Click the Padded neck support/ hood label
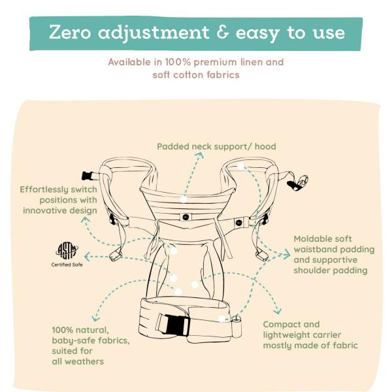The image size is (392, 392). pos(216,147)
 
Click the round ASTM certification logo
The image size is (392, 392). pos(67,251)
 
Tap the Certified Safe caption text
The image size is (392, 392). pos(67,265)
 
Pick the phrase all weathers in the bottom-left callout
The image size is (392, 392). pos(78,361)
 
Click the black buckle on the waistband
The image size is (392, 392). pos(172,323)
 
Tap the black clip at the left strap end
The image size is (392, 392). pos(87,175)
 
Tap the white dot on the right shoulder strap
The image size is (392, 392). pos(240,167)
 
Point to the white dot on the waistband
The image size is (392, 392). pos(222,319)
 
